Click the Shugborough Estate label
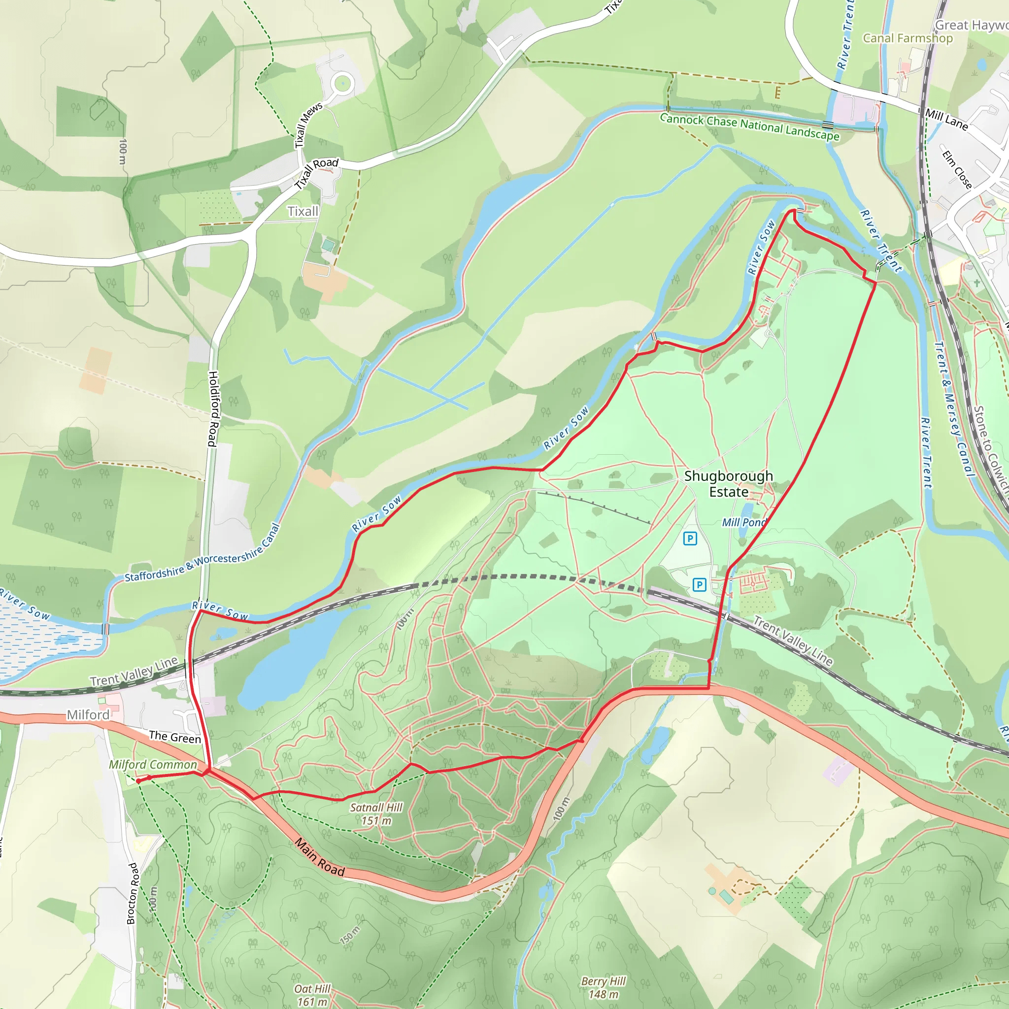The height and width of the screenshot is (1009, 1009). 728,484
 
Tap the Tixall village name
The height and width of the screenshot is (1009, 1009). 303,211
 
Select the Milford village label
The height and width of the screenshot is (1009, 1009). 88,714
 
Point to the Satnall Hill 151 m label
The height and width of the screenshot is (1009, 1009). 376,814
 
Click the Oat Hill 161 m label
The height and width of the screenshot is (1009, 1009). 312,995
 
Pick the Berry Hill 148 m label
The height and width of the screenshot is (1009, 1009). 603,988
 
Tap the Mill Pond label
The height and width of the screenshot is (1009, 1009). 743,523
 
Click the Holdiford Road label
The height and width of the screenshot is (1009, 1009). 212,408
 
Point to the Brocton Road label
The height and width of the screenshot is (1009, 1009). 133,893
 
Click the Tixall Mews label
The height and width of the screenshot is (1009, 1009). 308,125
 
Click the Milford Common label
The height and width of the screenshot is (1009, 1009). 153,765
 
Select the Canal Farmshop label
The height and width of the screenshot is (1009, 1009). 908,38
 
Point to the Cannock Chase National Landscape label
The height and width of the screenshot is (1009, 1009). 749,127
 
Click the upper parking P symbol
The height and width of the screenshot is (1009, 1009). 690,538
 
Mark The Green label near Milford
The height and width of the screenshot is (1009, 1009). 174,737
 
